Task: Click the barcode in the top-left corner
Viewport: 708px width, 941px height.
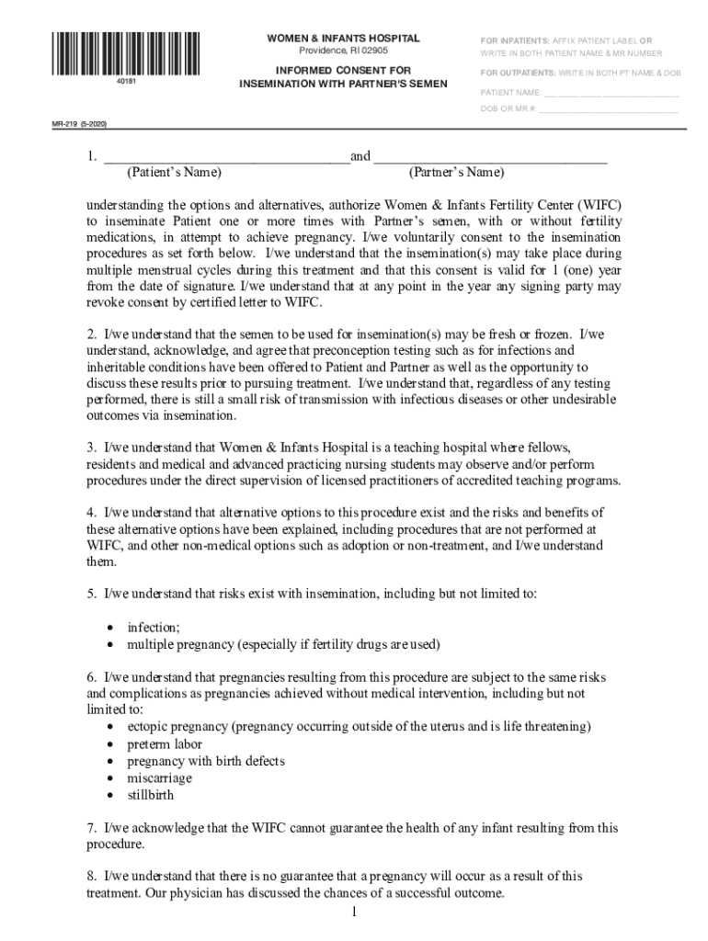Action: (138, 53)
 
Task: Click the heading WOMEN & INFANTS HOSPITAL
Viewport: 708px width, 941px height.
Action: (343, 39)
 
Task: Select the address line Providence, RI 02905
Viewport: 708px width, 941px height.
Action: (343, 51)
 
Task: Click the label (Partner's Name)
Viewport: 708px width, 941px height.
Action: (457, 173)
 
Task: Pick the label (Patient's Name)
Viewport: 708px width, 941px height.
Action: (174, 173)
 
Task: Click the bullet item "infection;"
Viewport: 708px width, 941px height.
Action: (154, 627)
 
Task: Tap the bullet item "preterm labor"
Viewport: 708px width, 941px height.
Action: (165, 744)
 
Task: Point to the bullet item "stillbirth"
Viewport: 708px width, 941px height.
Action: (150, 795)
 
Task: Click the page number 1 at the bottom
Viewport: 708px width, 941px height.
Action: (353, 912)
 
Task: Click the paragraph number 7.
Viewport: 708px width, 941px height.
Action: (91, 828)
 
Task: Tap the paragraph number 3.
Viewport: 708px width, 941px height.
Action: (91, 448)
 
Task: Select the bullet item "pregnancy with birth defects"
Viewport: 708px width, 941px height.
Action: (206, 761)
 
